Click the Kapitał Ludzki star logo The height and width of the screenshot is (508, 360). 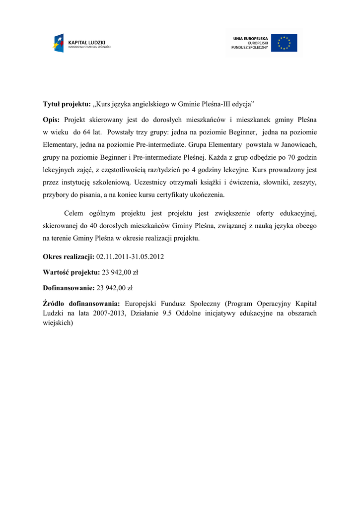pyautogui.click(x=59, y=43)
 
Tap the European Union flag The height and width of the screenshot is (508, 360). pyautogui.click(x=284, y=43)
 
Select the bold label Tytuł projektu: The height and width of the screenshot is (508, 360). pyautogui.click(x=67, y=105)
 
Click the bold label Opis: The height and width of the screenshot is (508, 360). pyautogui.click(x=51, y=120)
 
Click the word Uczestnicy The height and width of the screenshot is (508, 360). pyautogui.click(x=152, y=182)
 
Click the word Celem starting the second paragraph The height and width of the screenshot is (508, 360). pyautogui.click(x=74, y=213)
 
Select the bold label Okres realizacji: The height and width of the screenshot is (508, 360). pyautogui.click(x=69, y=257)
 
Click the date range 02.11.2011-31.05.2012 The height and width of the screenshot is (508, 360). pyautogui.click(x=130, y=257)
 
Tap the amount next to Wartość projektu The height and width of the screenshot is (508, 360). pyautogui.click(x=120, y=272)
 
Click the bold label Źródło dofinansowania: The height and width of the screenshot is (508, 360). pyautogui.click(x=81, y=304)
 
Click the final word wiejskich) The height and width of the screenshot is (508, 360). pyautogui.click(x=58, y=322)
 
